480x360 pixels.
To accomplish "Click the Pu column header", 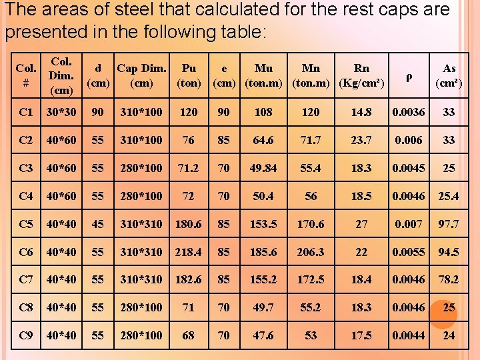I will [x=189, y=76].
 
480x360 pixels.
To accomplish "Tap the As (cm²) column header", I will [x=449, y=76].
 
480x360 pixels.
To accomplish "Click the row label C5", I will [x=26, y=224].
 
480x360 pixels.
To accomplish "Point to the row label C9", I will [x=26, y=335].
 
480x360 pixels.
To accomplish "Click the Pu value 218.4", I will [x=189, y=252].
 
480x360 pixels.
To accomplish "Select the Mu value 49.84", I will [x=263, y=168].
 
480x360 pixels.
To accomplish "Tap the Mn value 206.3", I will [x=311, y=252].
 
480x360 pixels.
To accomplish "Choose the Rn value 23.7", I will [x=361, y=140].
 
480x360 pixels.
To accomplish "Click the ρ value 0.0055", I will [x=408, y=252].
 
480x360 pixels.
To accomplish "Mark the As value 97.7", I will [x=449, y=224].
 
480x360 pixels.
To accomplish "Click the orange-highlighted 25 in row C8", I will [x=449, y=308].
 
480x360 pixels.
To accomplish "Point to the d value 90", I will [x=98, y=112].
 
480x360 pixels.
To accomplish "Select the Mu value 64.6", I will [x=263, y=140].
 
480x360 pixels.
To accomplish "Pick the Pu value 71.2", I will [x=189, y=168].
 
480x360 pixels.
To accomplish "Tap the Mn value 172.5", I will [x=311, y=280].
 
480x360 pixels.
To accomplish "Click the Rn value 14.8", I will [x=361, y=112].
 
